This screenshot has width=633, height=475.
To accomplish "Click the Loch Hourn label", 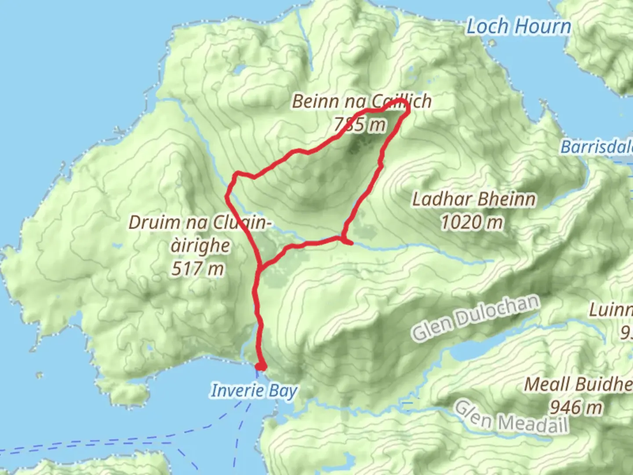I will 519,26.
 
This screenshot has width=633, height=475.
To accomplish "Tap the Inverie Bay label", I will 254,391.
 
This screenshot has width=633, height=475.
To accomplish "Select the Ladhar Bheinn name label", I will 474,199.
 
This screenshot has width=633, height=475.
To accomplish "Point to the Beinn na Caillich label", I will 361,102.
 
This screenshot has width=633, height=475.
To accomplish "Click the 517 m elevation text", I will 197,268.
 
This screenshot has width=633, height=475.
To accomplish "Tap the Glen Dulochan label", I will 476,317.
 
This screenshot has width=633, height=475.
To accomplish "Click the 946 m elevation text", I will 576,408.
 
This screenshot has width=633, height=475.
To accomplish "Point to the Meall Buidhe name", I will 578,385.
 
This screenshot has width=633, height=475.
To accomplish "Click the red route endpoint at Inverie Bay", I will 261,366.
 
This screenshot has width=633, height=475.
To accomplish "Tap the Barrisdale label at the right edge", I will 597,147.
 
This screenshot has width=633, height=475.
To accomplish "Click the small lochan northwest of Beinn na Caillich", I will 240,69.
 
